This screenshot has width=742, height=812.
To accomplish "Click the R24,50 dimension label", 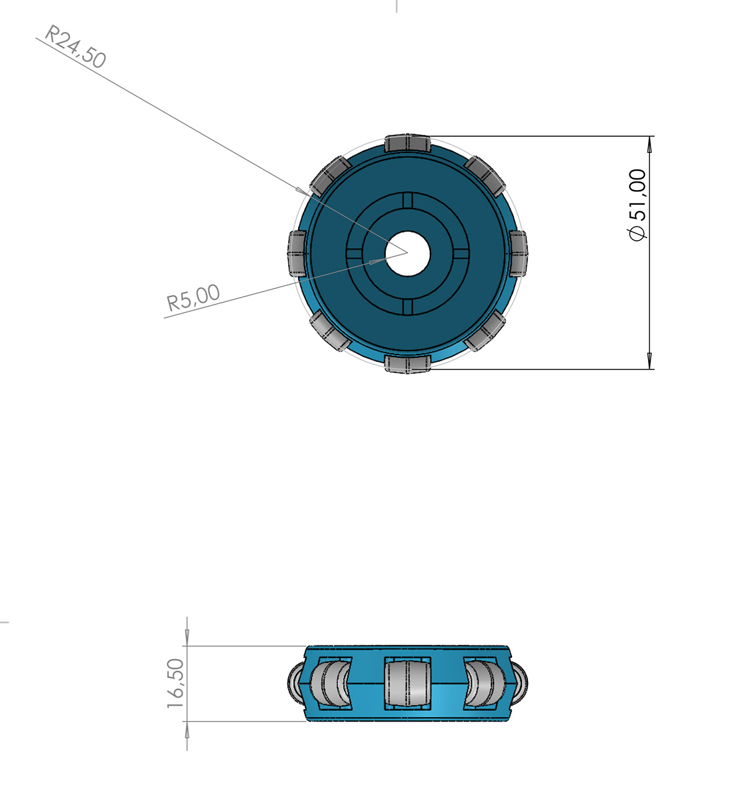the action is (x=75, y=46).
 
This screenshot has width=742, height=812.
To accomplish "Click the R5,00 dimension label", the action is (x=194, y=297).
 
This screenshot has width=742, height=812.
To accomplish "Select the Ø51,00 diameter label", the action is (x=638, y=205).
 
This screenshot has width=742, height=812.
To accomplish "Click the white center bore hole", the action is (x=407, y=254).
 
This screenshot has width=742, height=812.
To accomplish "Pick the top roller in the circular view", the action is (x=407, y=143).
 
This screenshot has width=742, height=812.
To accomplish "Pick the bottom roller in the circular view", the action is (x=407, y=364).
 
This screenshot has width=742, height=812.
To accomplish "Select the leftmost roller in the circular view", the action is (x=297, y=254).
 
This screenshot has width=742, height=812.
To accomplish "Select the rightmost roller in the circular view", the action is (x=518, y=254).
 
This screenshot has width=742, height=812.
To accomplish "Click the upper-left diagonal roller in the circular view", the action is (x=330, y=176).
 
